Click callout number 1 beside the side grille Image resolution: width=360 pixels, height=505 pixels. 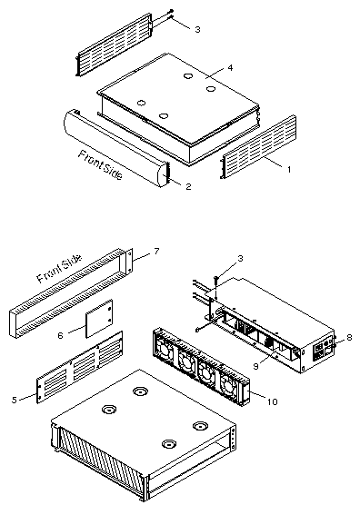[289, 169]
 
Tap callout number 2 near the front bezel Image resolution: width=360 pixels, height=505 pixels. [188, 186]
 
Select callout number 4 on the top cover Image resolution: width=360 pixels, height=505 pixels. [230, 67]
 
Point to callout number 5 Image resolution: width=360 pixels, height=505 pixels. [15, 400]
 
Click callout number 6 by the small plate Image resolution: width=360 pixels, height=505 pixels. [60, 335]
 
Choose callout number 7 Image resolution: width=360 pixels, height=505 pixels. [156, 252]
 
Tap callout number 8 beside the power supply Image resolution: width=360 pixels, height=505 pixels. [349, 338]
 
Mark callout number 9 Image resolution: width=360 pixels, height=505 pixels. [255, 367]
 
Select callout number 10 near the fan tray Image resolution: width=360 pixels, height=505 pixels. [273, 401]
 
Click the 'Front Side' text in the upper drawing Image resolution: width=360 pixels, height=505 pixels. [100, 165]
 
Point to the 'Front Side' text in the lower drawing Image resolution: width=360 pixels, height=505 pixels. [59, 269]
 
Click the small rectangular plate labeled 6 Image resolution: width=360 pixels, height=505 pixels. [99, 318]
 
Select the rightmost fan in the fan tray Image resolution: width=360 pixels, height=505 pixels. [229, 386]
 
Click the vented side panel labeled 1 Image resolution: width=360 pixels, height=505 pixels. [258, 146]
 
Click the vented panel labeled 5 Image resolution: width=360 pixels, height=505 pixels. [80, 367]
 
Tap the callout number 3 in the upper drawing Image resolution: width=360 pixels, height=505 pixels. [197, 29]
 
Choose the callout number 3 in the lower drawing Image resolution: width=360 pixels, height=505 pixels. [240, 259]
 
